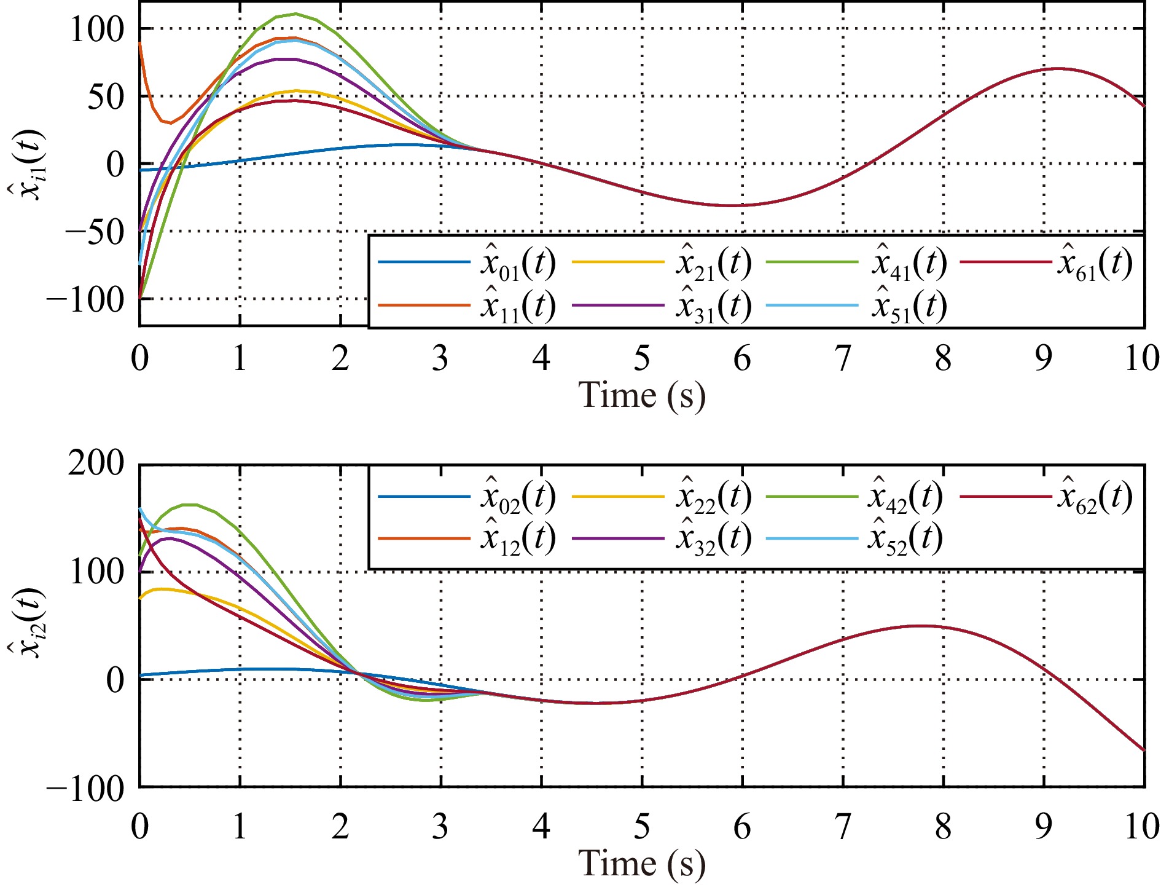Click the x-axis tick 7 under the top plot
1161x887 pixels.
click(843, 359)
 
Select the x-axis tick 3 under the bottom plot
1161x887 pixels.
click(440, 827)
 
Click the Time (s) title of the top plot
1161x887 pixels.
click(642, 395)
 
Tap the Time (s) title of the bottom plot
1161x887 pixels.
click(642, 864)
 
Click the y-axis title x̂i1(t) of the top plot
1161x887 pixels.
click(26, 165)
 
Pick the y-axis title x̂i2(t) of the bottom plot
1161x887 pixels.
click(26, 623)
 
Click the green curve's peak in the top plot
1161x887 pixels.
click(295, 14)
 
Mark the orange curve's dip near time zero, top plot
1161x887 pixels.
click(170, 123)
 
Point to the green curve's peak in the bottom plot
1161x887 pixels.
click(189, 505)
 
